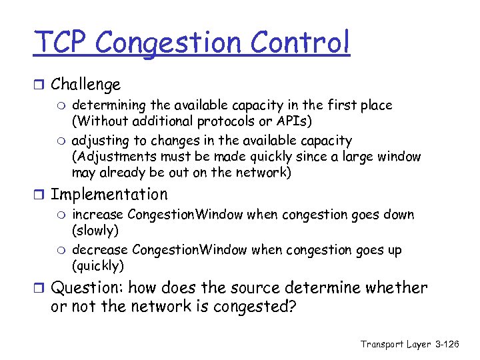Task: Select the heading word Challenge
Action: [x=85, y=85]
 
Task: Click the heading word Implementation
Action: [x=109, y=195]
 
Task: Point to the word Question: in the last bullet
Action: [x=86, y=288]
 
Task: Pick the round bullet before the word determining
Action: [x=63, y=105]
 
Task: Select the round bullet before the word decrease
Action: [x=63, y=251]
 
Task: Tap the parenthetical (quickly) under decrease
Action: [x=98, y=266]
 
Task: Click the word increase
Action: [x=97, y=215]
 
